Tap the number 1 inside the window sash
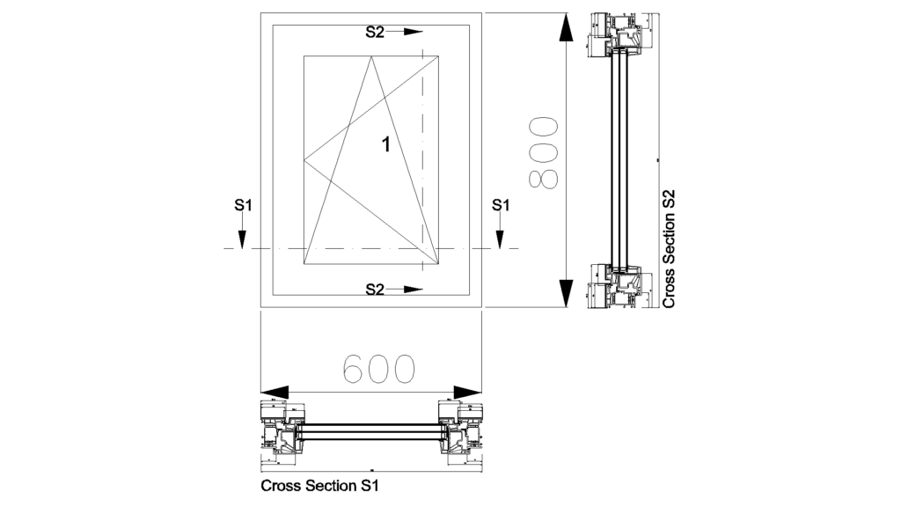(x=385, y=144)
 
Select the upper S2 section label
(x=376, y=32)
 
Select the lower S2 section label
(x=376, y=288)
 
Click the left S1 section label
(x=244, y=205)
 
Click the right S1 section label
(x=501, y=205)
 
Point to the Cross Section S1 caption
(x=325, y=485)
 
